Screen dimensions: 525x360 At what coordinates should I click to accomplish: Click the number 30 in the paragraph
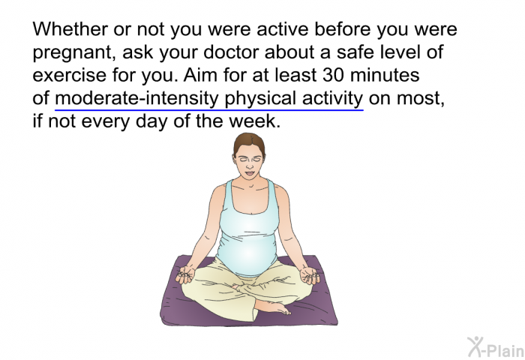tap(333, 75)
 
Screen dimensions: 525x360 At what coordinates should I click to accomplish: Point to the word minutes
tap(385, 75)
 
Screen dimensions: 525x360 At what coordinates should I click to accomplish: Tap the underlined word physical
tap(260, 98)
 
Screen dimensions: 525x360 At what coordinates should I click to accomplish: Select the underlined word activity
tap(332, 98)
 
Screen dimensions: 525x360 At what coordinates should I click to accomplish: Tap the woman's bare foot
tap(271, 307)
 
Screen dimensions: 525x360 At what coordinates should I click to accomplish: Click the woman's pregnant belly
tap(247, 254)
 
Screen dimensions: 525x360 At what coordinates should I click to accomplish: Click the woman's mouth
tap(249, 173)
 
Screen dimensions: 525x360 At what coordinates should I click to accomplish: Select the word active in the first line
tap(283, 28)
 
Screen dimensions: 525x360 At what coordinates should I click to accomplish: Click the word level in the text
tap(400, 52)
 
